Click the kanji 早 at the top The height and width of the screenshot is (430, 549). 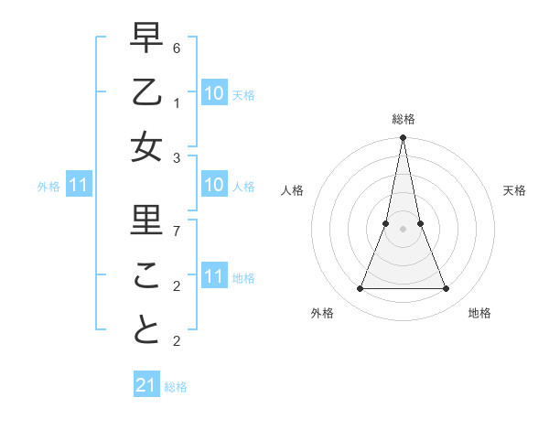pyautogui.click(x=146, y=38)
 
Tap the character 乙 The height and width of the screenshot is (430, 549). pyautogui.click(x=146, y=92)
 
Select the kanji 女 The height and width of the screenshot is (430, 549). pyautogui.click(x=146, y=147)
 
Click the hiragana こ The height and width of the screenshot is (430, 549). pyautogui.click(x=146, y=274)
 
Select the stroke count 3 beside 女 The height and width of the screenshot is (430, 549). pyautogui.click(x=177, y=157)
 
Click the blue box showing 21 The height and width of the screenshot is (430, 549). pyautogui.click(x=145, y=385)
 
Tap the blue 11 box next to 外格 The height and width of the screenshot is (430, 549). pyautogui.click(x=78, y=187)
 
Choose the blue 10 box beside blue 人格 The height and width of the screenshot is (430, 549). pyautogui.click(x=213, y=187)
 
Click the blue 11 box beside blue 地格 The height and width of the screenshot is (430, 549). pyautogui.click(x=213, y=277)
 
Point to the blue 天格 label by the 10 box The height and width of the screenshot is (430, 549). pyautogui.click(x=242, y=95)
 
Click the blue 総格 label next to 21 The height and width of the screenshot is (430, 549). pyautogui.click(x=176, y=387)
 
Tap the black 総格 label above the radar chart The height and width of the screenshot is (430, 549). pyautogui.click(x=403, y=119)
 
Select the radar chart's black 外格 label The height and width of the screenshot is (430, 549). pyautogui.click(x=322, y=313)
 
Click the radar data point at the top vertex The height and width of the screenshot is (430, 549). pyautogui.click(x=403, y=138)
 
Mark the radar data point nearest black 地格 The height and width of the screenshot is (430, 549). pyautogui.click(x=447, y=289)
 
